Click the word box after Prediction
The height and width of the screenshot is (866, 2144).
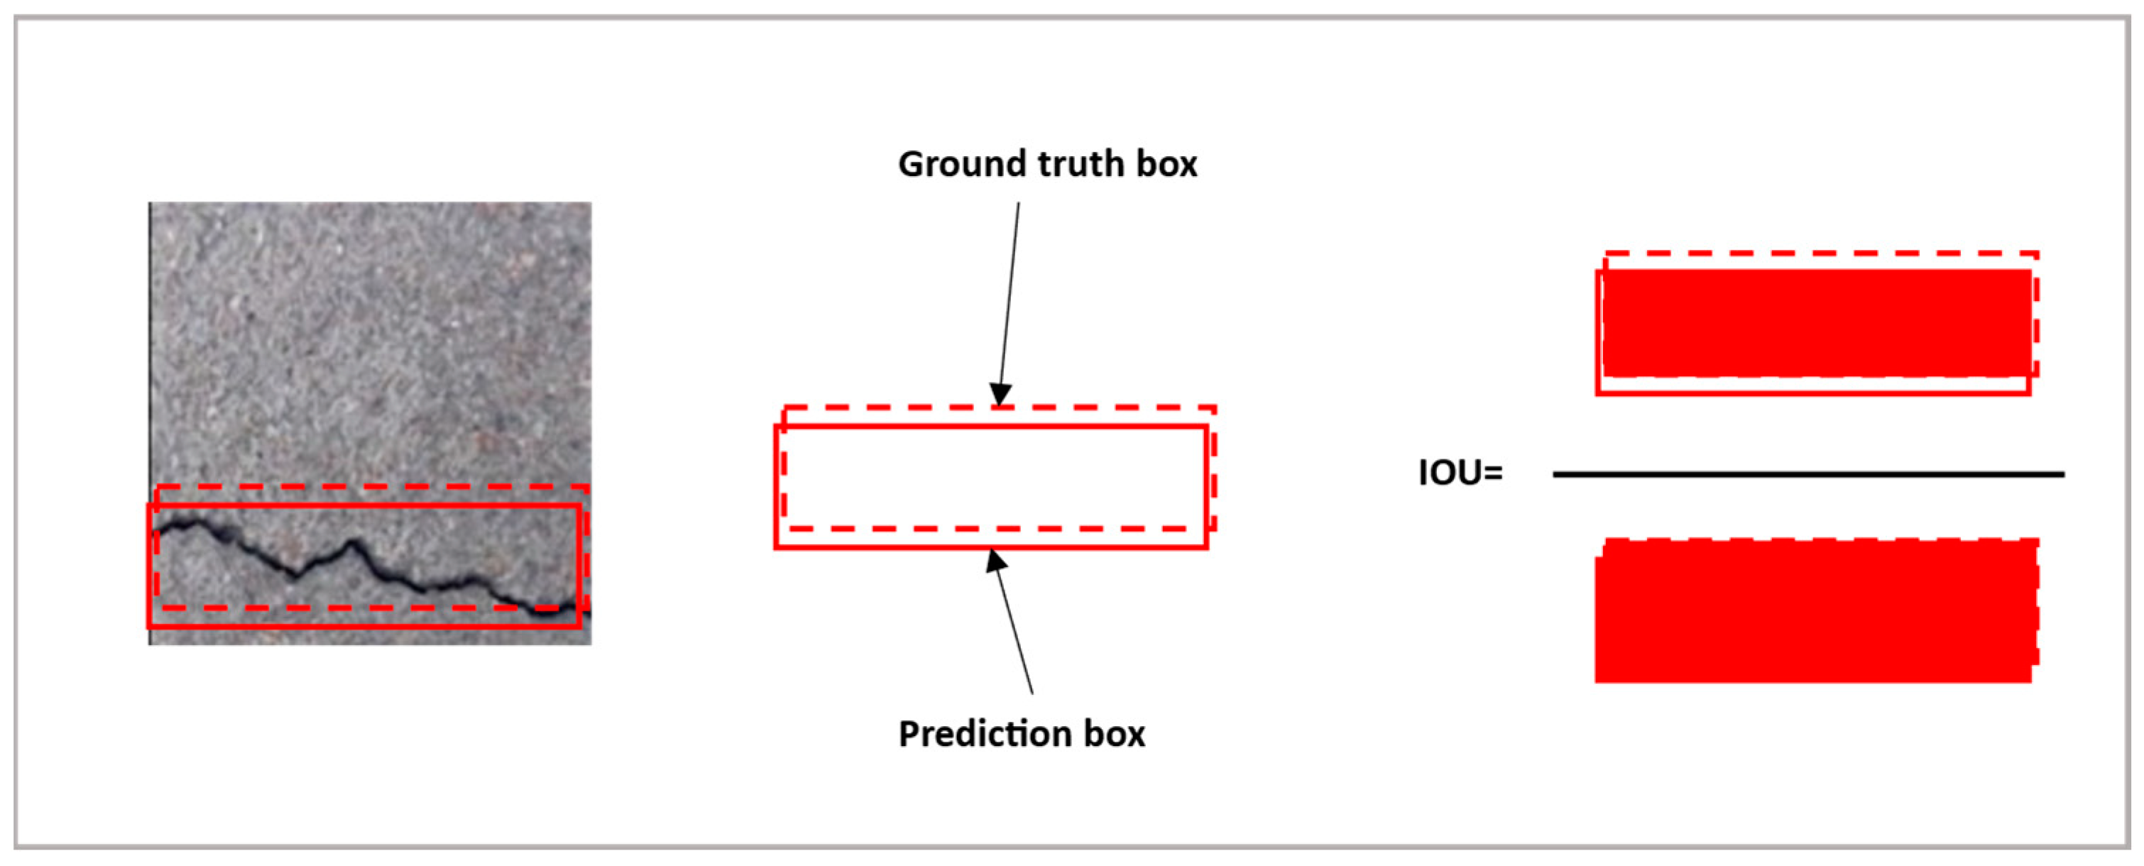1115,734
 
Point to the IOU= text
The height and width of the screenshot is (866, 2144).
1460,473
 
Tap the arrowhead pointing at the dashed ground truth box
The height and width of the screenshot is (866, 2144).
1000,395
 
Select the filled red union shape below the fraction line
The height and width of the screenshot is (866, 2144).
1815,611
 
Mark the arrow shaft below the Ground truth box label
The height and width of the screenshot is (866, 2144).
1010,291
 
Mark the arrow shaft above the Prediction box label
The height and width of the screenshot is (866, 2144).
1016,632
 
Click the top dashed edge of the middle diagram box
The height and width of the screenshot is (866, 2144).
999,407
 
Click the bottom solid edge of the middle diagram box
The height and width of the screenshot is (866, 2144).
990,547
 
